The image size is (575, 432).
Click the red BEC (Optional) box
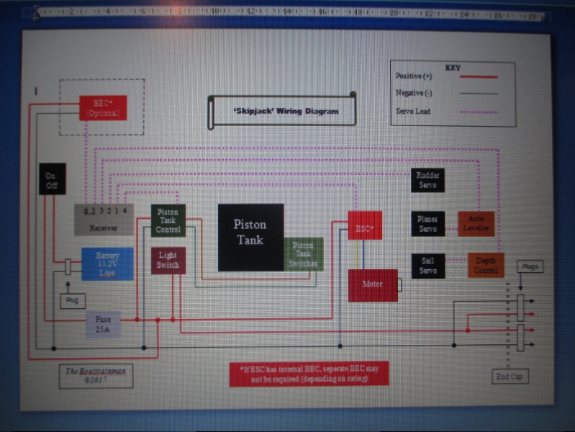click(103, 108)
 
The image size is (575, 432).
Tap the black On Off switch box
click(52, 179)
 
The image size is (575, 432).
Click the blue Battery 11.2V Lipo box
click(107, 264)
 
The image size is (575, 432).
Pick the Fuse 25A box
click(103, 325)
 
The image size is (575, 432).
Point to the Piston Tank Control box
click(168, 220)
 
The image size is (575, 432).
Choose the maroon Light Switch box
click(168, 260)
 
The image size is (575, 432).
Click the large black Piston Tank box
click(250, 237)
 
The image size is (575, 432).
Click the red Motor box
click(373, 285)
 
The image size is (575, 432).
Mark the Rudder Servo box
click(427, 180)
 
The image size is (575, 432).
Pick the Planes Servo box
click(427, 223)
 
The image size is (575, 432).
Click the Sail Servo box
click(427, 266)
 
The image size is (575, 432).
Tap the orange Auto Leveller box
click(476, 223)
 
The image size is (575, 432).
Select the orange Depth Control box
click(486, 265)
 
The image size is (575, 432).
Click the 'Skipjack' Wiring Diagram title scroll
click(282, 111)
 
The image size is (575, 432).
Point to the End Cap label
click(509, 376)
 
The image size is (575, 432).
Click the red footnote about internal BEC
click(309, 374)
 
